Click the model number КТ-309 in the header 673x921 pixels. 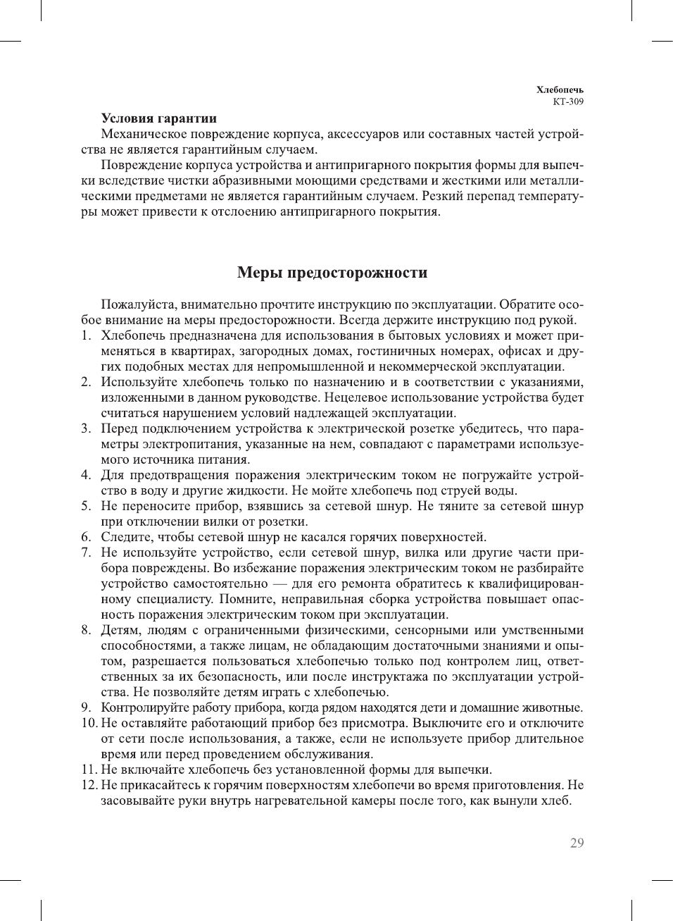tap(568, 101)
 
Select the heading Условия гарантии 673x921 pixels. tap(159, 118)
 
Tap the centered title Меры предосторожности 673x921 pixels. tap(332, 273)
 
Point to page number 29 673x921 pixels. tap(577, 843)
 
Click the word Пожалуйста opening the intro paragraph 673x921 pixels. tap(139, 304)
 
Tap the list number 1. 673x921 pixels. tap(85, 335)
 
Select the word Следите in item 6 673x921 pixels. tap(125, 537)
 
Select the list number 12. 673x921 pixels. tap(89, 785)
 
